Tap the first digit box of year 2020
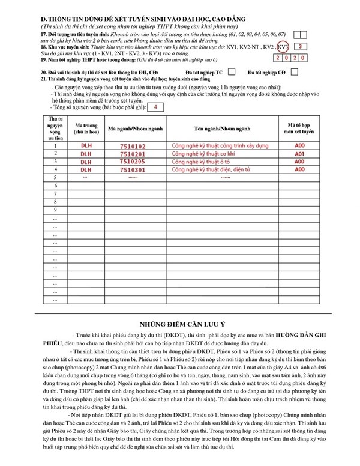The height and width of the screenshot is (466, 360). tap(278, 59)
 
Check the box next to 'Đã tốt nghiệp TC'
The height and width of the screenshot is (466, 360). tap(232, 71)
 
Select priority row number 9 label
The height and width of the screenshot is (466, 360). tap(55, 210)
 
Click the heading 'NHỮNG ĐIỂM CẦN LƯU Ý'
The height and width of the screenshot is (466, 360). tap(179, 320)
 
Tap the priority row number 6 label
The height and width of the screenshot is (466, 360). tap(55, 186)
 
